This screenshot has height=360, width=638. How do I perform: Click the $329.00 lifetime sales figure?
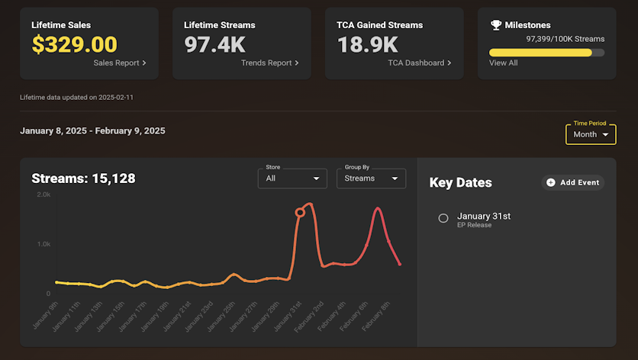coord(74,44)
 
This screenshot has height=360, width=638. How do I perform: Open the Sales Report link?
coord(120,63)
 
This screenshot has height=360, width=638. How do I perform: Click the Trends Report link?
coord(269,63)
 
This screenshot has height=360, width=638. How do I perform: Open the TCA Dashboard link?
coord(419,63)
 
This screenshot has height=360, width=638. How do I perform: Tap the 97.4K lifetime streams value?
coord(215,44)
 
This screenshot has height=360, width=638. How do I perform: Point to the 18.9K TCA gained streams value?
coord(367,44)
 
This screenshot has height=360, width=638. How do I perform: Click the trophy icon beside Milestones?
coord(496,25)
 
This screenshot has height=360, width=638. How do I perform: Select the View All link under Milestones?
coord(503,63)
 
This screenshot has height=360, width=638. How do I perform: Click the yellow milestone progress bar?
coord(540,53)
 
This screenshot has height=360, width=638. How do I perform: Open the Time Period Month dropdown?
coord(590,134)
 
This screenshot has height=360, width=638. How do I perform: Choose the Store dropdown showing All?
coord(292,178)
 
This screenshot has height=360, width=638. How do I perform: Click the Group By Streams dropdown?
coord(371,178)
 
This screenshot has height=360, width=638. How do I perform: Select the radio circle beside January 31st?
coord(443,218)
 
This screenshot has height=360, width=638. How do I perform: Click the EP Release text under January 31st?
coord(474,225)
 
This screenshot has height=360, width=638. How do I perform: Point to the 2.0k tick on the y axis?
coord(43,194)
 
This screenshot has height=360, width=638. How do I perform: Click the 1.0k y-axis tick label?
coord(43,244)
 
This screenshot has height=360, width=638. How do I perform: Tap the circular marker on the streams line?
coord(300,213)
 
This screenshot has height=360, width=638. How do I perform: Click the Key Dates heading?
coord(461,183)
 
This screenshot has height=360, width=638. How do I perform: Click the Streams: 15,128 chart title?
coord(83,178)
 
